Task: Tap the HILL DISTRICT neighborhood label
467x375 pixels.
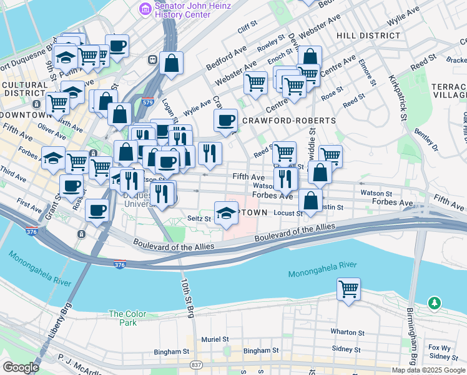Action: [x=368, y=36]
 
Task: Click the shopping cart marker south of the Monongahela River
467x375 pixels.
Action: [x=348, y=289]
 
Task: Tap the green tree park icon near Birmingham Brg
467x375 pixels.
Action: [x=434, y=303]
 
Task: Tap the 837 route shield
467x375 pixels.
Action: [x=197, y=365]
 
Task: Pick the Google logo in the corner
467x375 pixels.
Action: [x=21, y=367]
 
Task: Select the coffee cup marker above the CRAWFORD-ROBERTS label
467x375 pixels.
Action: [x=225, y=119]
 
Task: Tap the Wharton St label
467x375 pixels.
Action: [x=348, y=332]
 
